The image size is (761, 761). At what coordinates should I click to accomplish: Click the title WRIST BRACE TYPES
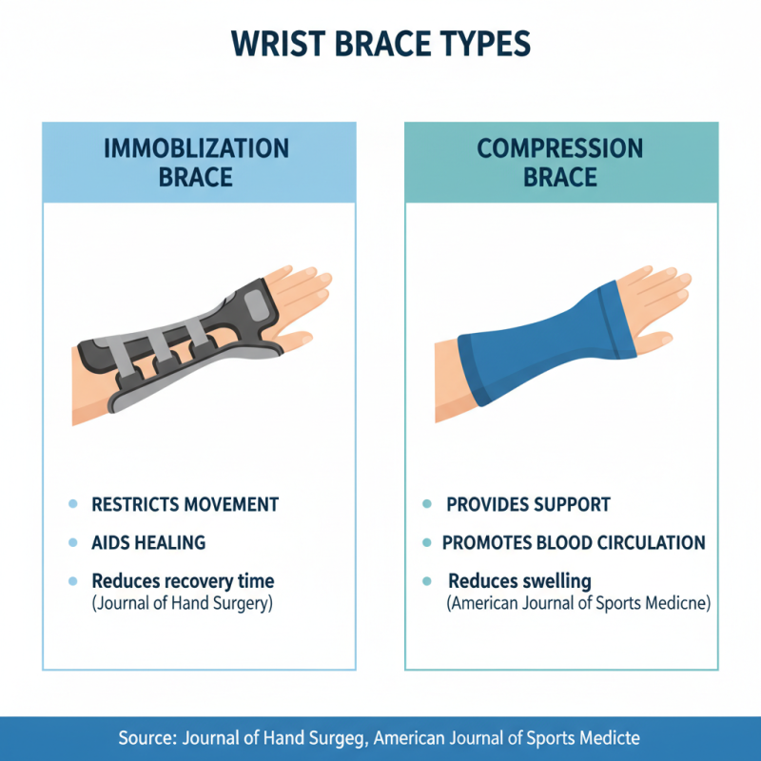[x=380, y=46]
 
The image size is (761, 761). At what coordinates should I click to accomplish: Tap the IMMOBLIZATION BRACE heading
[x=196, y=163]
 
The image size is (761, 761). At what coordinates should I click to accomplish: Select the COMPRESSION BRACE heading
[x=560, y=163]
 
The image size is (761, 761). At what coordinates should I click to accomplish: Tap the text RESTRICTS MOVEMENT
[x=185, y=505]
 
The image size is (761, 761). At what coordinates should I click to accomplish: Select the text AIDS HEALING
[x=148, y=543]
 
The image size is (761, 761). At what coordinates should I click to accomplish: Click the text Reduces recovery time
[x=183, y=581]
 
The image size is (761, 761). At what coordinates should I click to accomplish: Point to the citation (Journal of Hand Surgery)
[x=182, y=602]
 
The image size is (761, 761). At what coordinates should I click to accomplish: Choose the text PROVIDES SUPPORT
[x=528, y=505]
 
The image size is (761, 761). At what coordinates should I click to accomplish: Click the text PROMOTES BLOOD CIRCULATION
[x=574, y=543]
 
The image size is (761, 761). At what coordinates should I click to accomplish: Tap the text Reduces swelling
[x=519, y=581]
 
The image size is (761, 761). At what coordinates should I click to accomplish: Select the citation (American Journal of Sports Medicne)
[x=578, y=602]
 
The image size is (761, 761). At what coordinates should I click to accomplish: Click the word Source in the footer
[x=148, y=737]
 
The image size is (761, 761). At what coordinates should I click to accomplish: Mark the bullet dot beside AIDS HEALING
[x=72, y=543]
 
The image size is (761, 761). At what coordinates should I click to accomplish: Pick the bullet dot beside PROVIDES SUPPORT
[x=427, y=505]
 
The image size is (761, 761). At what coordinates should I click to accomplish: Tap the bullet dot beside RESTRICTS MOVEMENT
[x=72, y=505]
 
